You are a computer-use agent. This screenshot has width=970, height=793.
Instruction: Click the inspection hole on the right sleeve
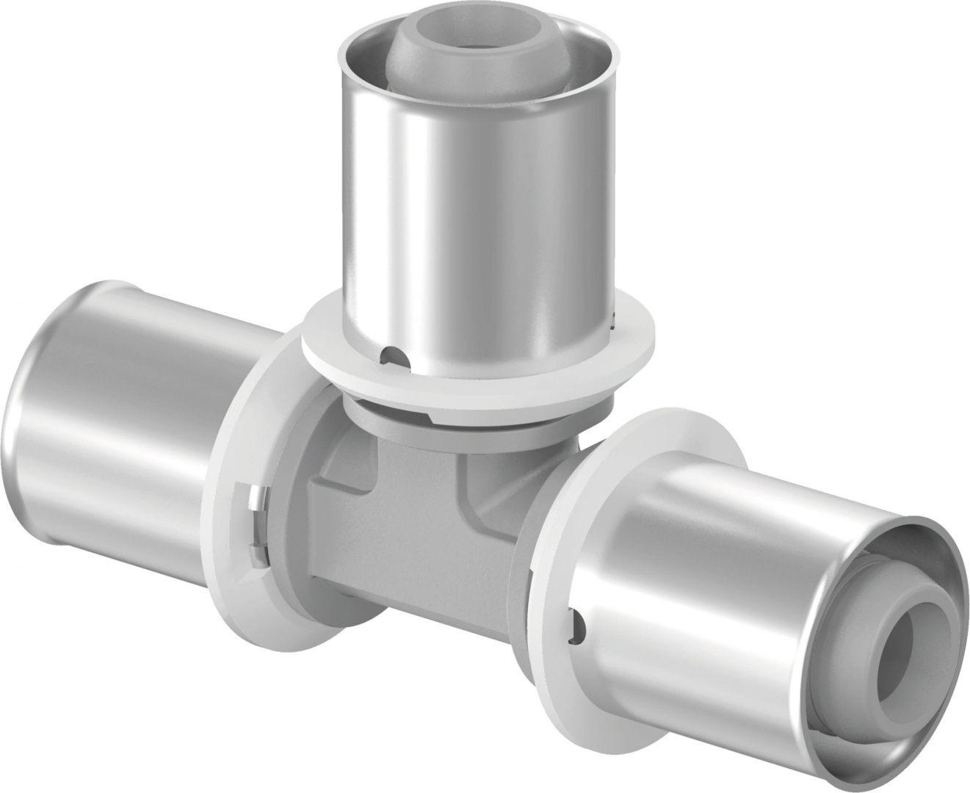click(580, 623)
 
